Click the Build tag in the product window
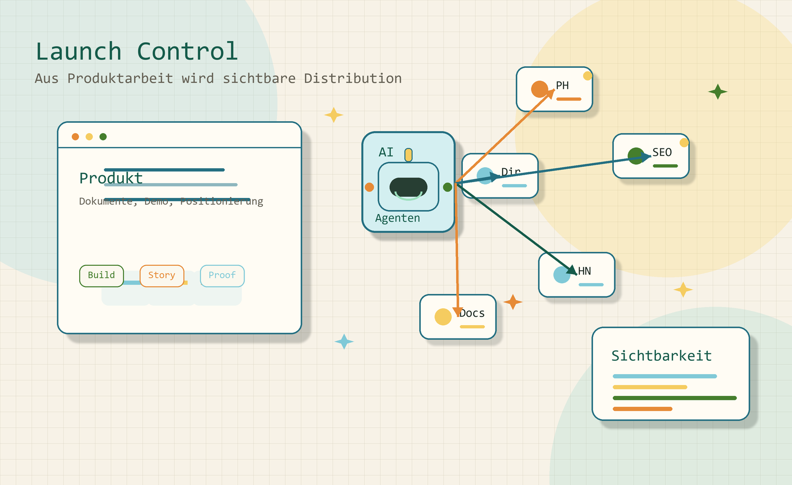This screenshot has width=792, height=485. [x=101, y=276]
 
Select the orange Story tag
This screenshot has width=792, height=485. [x=162, y=276]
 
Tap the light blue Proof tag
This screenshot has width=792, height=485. [x=222, y=276]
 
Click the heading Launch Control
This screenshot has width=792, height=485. [x=137, y=51]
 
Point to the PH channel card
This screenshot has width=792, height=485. [x=554, y=89]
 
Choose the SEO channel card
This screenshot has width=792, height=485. [x=651, y=156]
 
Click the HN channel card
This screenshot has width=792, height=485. [x=577, y=275]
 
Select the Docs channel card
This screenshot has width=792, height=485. [x=458, y=317]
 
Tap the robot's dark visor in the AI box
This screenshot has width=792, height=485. [x=408, y=187]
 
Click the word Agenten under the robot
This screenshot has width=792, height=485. [x=397, y=218]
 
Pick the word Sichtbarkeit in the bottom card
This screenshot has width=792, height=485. [x=661, y=356]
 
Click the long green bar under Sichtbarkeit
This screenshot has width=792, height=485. [x=675, y=398]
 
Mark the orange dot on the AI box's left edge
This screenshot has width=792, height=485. [x=369, y=187]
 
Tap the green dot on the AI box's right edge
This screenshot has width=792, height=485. [x=447, y=187]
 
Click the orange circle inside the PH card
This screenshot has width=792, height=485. [x=540, y=89]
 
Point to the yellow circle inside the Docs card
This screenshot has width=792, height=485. [x=443, y=317]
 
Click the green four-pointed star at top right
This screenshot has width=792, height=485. [x=718, y=92]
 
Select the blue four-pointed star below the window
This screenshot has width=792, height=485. [x=344, y=341]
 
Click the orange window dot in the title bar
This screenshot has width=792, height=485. [x=75, y=137]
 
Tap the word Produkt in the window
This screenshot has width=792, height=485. [x=111, y=178]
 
